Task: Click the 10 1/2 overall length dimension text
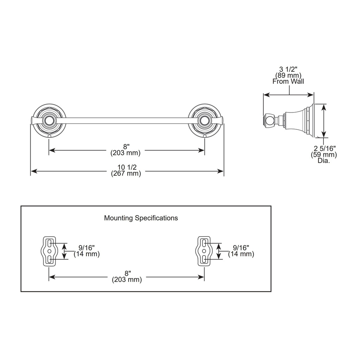coord(127,167)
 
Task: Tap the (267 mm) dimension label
coord(126,173)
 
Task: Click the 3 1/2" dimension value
coord(288,69)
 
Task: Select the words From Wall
coord(288,81)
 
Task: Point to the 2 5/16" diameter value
coord(324,148)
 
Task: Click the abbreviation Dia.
coord(324,160)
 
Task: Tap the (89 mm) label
coord(288,75)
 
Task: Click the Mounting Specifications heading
coord(141,218)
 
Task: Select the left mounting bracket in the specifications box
coord(48,251)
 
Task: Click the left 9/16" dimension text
coord(86,248)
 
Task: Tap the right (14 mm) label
coord(241,254)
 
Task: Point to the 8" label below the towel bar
coord(126,147)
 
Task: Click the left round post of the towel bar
coord(48,121)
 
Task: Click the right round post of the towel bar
coord(204,121)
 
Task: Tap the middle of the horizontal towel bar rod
coord(126,121)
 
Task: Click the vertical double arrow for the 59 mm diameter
coord(323,121)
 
